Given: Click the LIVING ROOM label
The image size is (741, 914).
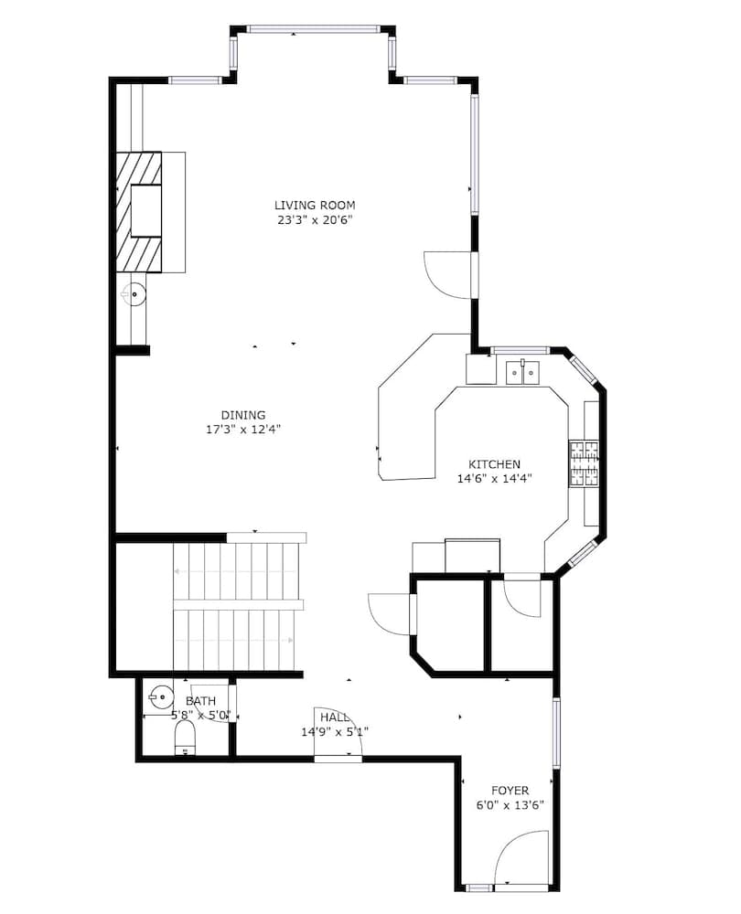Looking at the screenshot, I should pos(315,205).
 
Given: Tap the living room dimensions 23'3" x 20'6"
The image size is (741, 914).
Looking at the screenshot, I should pos(315,219).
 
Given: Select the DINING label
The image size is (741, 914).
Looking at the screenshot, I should pos(242,414).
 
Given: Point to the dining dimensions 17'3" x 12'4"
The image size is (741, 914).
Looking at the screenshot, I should pos(242,429).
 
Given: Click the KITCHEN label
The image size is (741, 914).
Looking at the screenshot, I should pos(494,463).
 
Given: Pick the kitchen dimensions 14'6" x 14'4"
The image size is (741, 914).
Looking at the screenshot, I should pos(494,478).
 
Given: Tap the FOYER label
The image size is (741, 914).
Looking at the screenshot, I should pos(510,790).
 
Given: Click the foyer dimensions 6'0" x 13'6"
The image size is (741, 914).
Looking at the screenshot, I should pos(510,805).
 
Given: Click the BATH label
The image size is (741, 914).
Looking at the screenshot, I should pos(200,701).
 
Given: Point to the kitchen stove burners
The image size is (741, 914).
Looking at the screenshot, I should pos(584,464).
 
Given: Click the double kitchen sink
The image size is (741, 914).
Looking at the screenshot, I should pos(522,372).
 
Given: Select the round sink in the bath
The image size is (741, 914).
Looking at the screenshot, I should pos(161,696).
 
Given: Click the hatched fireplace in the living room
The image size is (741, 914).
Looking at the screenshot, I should pos(138,212).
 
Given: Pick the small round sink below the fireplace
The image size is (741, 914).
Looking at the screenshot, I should pos(134,294).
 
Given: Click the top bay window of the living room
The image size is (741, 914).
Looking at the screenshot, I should pos(313,29).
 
